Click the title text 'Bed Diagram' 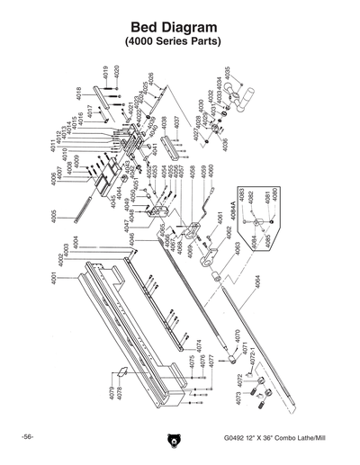pos(179,28)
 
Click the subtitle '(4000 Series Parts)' pos(179,42)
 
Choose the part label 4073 pos(238,398)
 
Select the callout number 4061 pos(219,219)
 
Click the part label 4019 pos(106,72)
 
